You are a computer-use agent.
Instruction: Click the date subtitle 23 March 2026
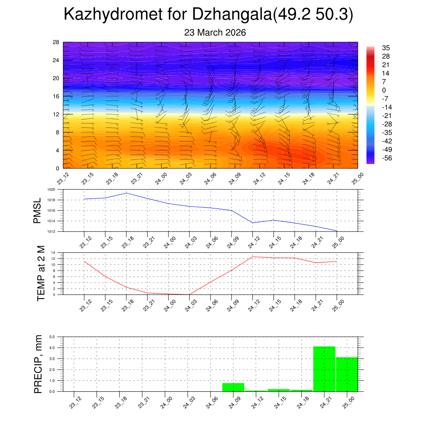[x=215, y=33]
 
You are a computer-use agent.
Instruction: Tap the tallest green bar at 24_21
[x=324, y=369]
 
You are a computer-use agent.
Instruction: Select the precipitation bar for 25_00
[x=347, y=374]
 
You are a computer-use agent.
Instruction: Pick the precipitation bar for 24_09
[x=233, y=387]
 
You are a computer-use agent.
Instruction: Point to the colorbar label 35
[x=386, y=48]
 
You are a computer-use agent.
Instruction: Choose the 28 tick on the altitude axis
[x=56, y=42]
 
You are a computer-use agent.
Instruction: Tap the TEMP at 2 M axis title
[x=41, y=273]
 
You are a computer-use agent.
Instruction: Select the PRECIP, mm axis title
[x=38, y=363]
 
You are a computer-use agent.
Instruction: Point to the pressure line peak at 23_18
[x=126, y=193]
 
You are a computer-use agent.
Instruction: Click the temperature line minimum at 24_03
[x=190, y=294]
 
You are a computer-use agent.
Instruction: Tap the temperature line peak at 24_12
[x=252, y=257]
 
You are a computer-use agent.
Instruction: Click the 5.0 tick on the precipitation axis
[x=52, y=337]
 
